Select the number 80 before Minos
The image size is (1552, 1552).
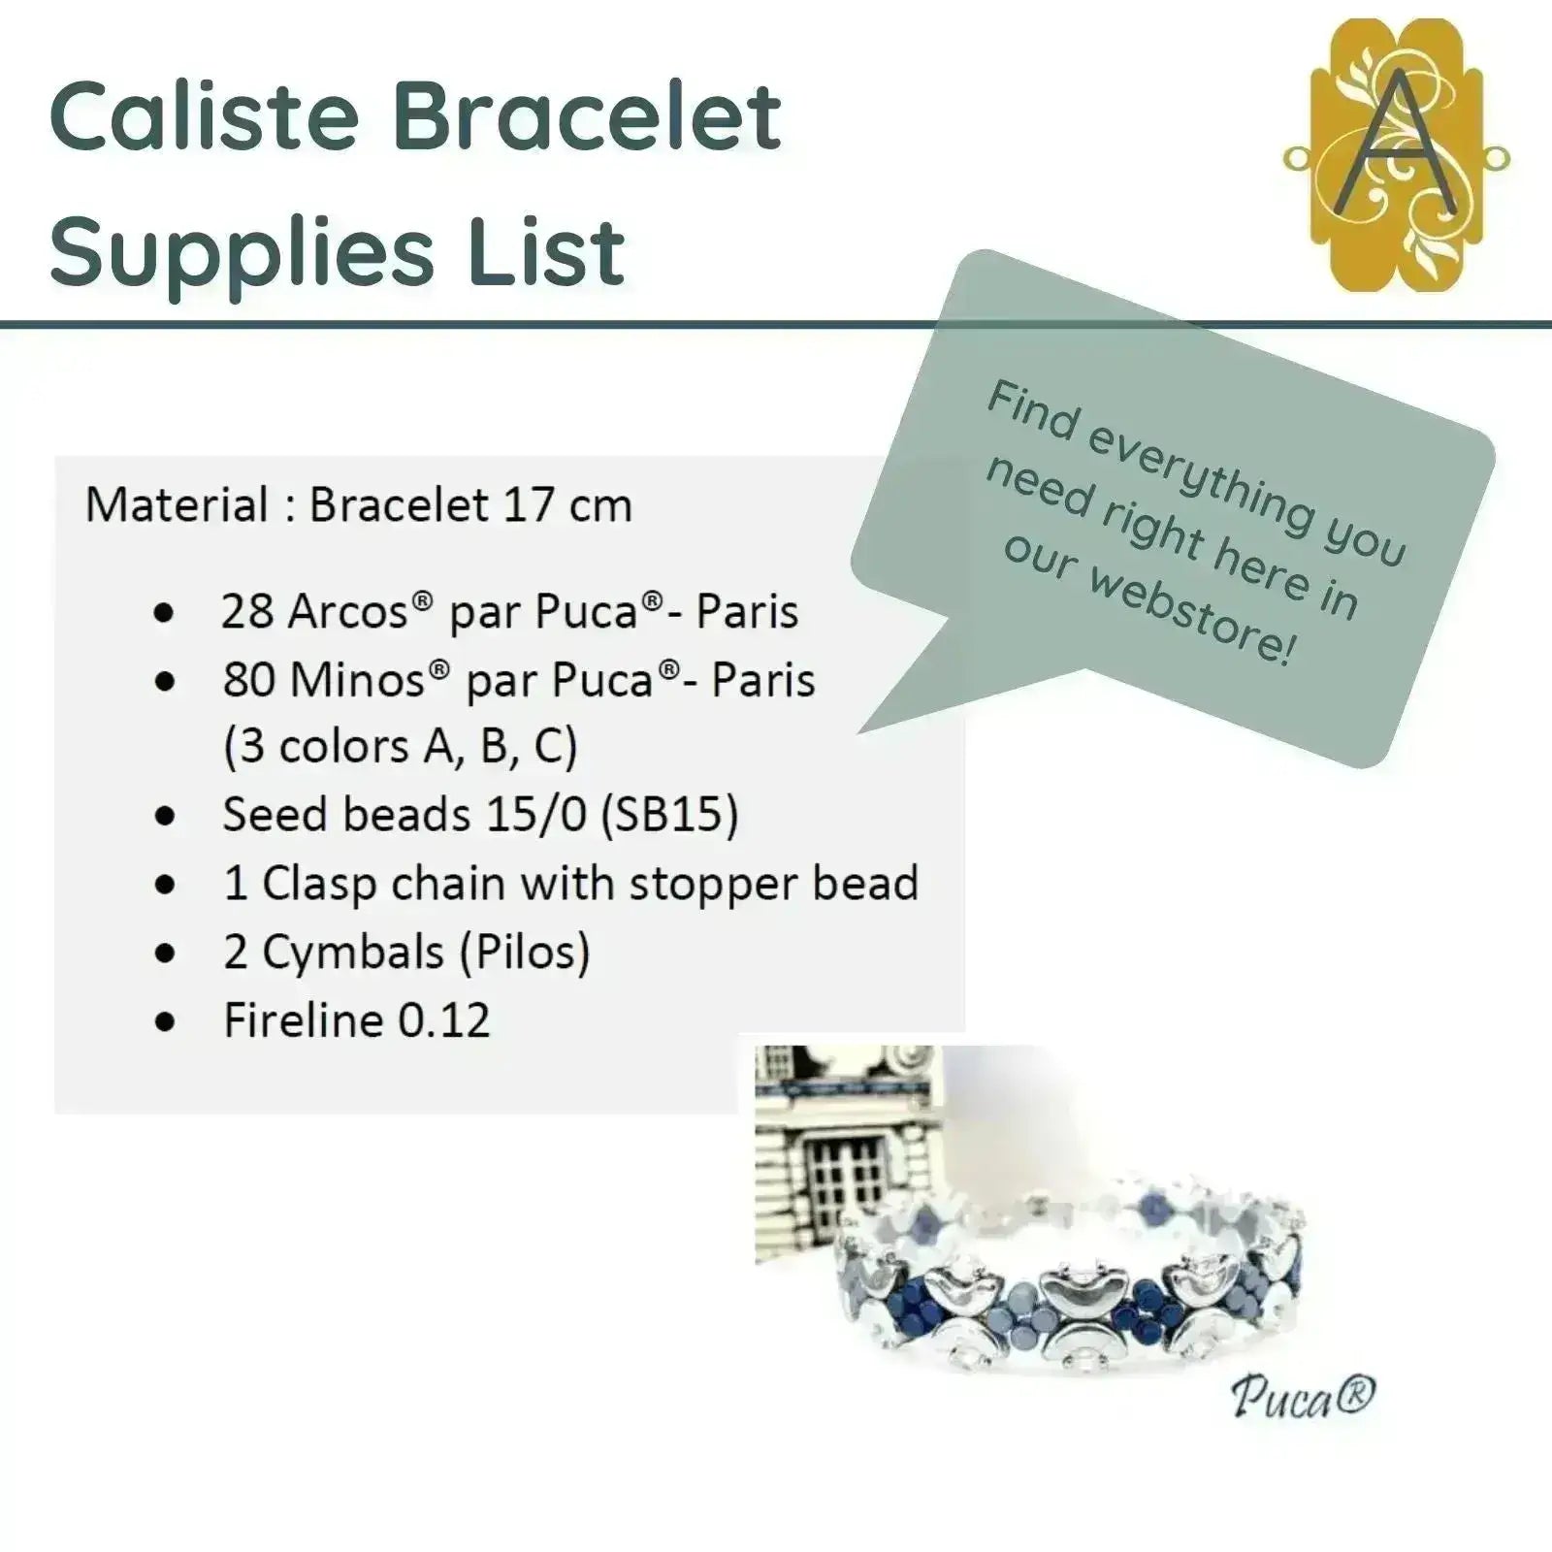pos(248,680)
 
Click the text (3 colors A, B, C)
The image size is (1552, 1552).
pos(400,747)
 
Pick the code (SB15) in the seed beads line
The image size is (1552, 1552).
pos(669,815)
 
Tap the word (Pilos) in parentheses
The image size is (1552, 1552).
pos(525,953)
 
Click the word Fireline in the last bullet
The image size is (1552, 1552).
pos(304,1020)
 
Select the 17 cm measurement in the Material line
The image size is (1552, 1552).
pos(567,504)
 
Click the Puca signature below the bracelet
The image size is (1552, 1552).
pos(1303,1398)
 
